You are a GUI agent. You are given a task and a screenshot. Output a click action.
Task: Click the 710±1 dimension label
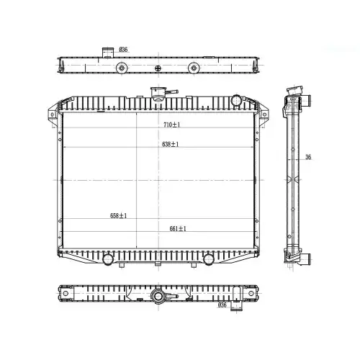click(171, 125)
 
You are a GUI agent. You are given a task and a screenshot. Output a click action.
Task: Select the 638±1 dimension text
click(171, 144)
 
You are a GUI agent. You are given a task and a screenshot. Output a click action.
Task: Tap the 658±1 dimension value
click(118, 216)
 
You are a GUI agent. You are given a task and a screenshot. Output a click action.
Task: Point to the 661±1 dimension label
click(178, 229)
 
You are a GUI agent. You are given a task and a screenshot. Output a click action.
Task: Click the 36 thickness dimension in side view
click(308, 157)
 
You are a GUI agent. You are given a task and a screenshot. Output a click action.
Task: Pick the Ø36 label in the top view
click(123, 50)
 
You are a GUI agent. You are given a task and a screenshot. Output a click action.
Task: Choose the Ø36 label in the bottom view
click(222, 305)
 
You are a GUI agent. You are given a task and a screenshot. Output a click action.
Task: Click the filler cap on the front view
click(158, 94)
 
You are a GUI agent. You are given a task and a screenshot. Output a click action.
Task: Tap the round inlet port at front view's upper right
click(236, 100)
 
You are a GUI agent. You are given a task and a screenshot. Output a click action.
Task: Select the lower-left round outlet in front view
click(107, 259)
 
